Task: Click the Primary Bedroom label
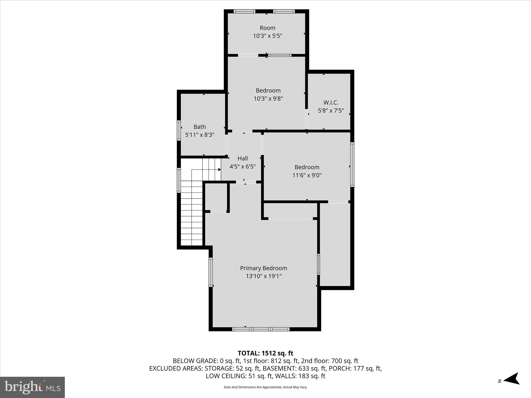pos(263,268)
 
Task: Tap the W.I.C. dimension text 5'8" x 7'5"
pos(331,111)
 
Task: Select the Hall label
pos(242,158)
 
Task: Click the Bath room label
pos(200,127)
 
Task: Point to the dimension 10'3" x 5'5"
pos(267,36)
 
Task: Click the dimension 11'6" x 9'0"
pos(307,175)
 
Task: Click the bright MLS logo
pos(32,387)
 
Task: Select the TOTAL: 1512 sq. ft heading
pos(265,353)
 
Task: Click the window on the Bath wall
pos(179,130)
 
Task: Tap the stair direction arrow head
pos(219,170)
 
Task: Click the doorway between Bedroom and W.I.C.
pos(306,119)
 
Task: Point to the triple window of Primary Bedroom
pos(261,329)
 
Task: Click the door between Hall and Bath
pos(226,144)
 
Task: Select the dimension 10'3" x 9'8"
pos(268,98)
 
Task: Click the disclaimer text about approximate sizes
pos(265,387)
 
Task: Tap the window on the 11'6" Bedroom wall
pos(352,164)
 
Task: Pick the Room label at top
pos(267,28)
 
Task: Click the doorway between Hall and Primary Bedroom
pos(246,182)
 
